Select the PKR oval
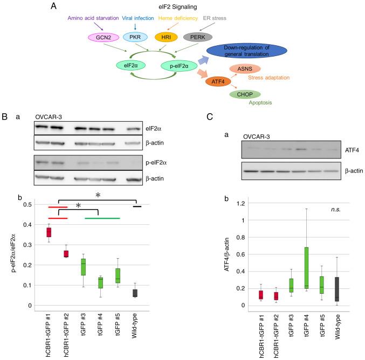point(134,38)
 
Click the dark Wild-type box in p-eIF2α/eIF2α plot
point(136,293)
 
